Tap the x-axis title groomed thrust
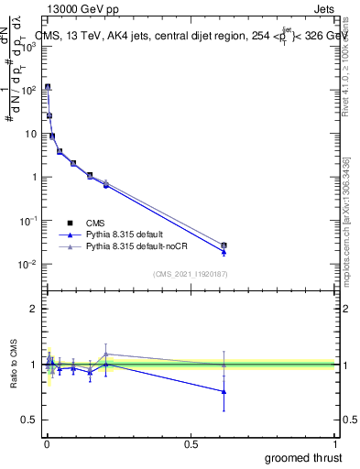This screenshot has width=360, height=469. tap(305, 456)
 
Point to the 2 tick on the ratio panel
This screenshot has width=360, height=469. tap(33, 309)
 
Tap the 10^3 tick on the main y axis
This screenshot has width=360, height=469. tap(29, 47)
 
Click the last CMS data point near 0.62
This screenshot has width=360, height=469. tap(224, 245)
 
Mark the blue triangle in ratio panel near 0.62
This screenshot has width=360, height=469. tap(224, 392)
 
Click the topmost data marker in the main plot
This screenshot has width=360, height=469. tap(48, 87)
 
